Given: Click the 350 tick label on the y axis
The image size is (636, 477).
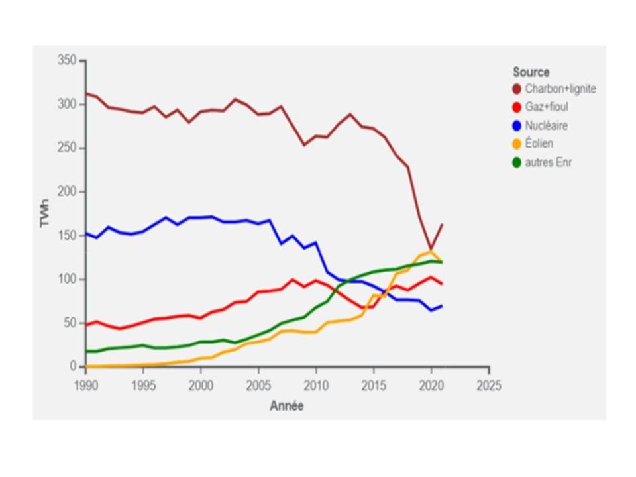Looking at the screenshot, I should (x=68, y=61).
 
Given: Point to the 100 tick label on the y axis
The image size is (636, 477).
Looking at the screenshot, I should (x=68, y=279).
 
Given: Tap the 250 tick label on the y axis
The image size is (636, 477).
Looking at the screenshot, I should (x=68, y=148).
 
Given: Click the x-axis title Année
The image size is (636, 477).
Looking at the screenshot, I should (x=286, y=406).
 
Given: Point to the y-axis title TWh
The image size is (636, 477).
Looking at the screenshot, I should (x=45, y=213).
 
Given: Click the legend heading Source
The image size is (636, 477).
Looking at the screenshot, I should (x=531, y=72).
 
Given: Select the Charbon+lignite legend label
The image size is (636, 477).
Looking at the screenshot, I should (x=560, y=89).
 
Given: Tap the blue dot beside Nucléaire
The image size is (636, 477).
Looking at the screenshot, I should (x=517, y=125).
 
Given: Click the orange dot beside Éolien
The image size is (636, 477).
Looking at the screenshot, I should (x=517, y=144).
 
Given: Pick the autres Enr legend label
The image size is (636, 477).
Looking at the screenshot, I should (x=548, y=162).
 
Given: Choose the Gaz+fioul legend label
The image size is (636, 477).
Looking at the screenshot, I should (x=546, y=107).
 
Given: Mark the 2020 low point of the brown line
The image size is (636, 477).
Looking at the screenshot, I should (x=431, y=249).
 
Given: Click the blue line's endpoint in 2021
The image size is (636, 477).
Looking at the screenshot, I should (x=442, y=305).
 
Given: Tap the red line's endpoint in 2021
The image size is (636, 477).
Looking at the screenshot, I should (x=442, y=284).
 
